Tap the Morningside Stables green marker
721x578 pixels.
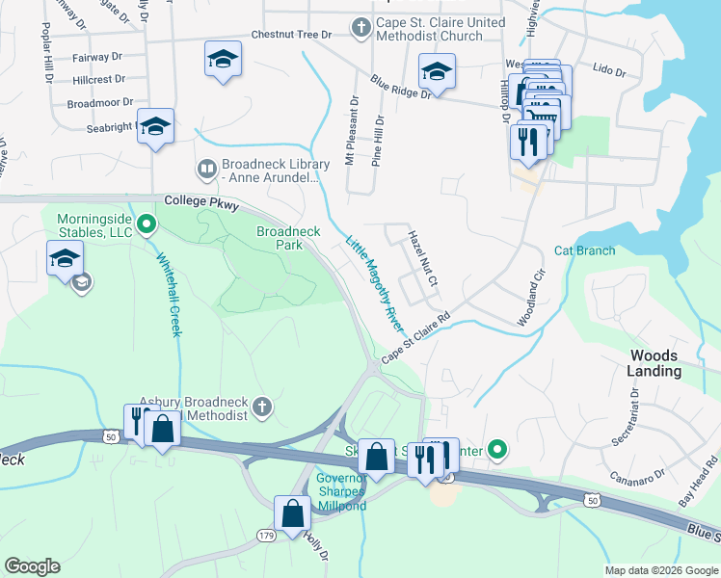146,225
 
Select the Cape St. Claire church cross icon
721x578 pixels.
361,27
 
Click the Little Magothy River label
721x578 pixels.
373,285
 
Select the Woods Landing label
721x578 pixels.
654,363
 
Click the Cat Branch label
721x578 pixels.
584,250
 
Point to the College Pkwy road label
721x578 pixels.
200,200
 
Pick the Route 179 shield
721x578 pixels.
267,535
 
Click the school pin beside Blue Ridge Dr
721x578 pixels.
437,72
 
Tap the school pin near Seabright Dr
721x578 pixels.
155,126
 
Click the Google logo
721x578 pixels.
32,566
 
